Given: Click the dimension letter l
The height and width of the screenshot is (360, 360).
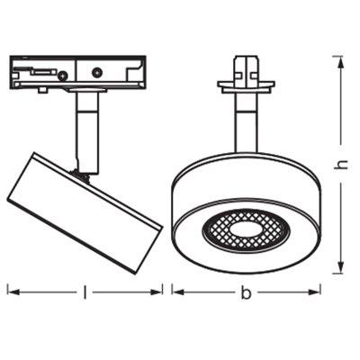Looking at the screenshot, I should (x=85, y=292).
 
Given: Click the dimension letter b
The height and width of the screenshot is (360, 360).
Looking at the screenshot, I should (x=245, y=292).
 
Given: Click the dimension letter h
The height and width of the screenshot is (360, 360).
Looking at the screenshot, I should (x=339, y=164).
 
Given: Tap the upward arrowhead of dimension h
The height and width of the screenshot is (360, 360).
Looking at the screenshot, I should (x=339, y=60).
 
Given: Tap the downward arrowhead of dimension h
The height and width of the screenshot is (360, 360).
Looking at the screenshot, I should (x=339, y=268).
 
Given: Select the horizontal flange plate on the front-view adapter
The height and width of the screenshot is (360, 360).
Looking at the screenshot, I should (x=244, y=87).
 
